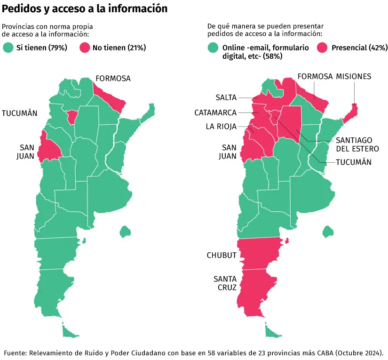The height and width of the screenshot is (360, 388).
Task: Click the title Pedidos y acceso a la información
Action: pos(85,8)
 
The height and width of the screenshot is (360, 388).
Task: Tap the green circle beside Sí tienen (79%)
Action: pos(8,48)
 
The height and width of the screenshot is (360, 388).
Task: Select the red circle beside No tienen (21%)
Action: pos(85,48)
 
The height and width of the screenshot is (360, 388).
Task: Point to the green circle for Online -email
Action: pos(214,48)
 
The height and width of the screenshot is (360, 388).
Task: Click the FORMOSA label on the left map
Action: pos(113,78)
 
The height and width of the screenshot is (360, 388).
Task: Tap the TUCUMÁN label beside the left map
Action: pos(20,113)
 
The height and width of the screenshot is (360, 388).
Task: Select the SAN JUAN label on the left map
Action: pos(23,151)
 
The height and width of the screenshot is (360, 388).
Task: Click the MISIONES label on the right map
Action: pos(353,76)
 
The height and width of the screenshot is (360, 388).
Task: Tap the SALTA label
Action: pos(226,97)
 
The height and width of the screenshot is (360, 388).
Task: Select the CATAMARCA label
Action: pos(215,112)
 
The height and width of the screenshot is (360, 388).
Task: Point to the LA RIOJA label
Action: pos(221,126)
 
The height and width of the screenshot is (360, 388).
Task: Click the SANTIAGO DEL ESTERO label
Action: pos(354,144)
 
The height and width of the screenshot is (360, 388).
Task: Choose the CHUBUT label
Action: pos(222,255)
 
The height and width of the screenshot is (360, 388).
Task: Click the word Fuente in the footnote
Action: pos(15,352)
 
